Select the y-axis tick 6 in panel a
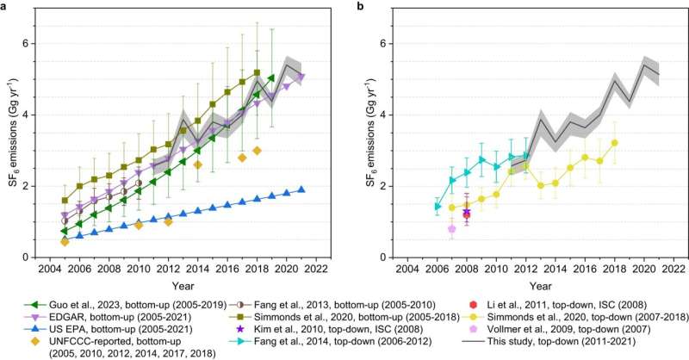[30, 43]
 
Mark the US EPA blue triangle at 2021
[301, 189]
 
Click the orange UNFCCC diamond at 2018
[257, 150]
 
